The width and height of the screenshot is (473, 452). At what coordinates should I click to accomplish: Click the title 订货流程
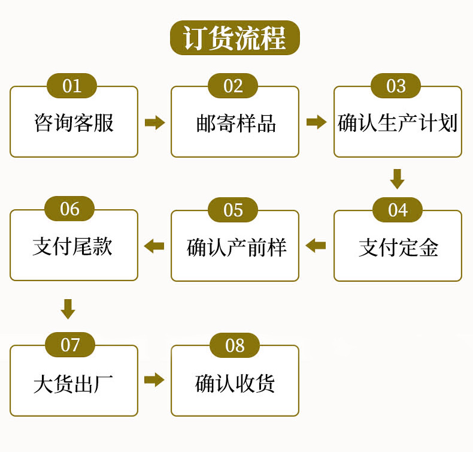pyautogui.click(x=235, y=38)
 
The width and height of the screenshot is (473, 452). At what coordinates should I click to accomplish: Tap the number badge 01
pyautogui.click(x=72, y=86)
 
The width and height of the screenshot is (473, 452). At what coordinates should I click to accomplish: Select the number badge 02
pyautogui.click(x=233, y=86)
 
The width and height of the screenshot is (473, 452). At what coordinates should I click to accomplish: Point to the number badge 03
pyautogui.click(x=396, y=86)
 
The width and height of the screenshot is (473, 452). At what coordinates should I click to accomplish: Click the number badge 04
pyautogui.click(x=398, y=210)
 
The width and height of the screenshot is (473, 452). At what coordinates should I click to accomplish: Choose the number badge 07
pyautogui.click(x=70, y=345)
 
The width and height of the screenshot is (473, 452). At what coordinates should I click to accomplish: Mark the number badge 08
pyautogui.click(x=235, y=345)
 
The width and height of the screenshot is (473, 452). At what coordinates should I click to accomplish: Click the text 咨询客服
pyautogui.click(x=74, y=123)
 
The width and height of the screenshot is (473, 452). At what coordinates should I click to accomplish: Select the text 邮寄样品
pyautogui.click(x=236, y=123)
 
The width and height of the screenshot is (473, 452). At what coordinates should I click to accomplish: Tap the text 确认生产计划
pyautogui.click(x=398, y=123)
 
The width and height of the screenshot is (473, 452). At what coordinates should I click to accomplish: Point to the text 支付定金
pyautogui.click(x=398, y=248)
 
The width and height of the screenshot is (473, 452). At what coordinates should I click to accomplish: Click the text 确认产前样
pyautogui.click(x=236, y=248)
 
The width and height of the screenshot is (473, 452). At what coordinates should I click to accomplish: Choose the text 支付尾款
pyautogui.click(x=72, y=246)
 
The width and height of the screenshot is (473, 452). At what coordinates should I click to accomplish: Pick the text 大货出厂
pyautogui.click(x=73, y=384)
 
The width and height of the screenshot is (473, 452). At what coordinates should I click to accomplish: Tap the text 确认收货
pyautogui.click(x=235, y=384)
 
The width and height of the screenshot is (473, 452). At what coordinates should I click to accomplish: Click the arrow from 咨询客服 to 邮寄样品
pyautogui.click(x=154, y=122)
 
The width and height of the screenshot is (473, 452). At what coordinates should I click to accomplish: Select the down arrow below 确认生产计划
pyautogui.click(x=398, y=179)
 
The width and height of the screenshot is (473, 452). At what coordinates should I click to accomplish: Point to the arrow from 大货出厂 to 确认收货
pyautogui.click(x=154, y=379)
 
